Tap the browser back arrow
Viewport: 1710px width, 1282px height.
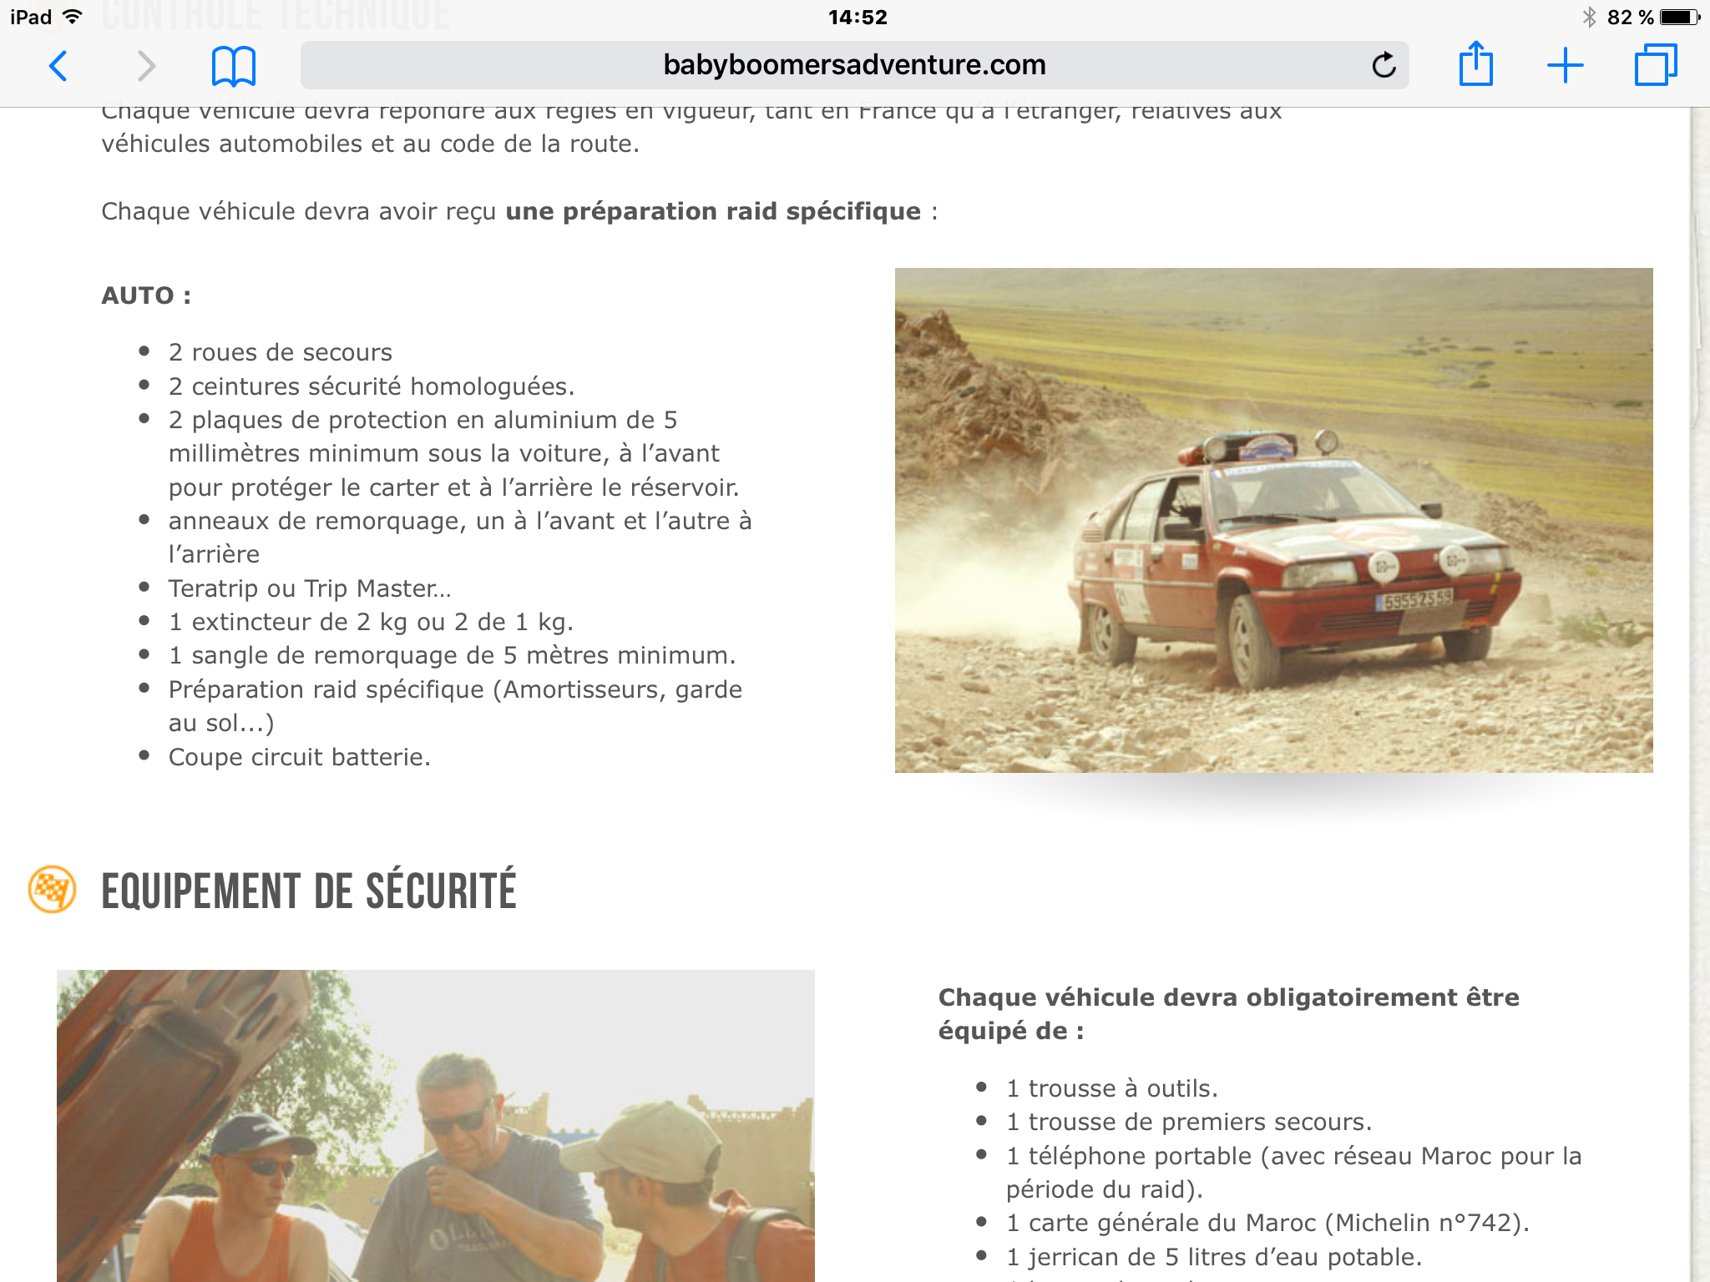[x=58, y=66]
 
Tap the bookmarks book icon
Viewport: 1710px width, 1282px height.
[x=233, y=66]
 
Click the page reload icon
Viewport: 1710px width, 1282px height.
[x=1384, y=65]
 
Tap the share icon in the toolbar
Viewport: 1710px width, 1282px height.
[x=1475, y=64]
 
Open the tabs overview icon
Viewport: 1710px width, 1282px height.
[x=1655, y=65]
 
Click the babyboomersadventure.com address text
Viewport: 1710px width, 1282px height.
[x=854, y=65]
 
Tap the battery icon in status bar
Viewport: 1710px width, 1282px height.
[x=1678, y=18]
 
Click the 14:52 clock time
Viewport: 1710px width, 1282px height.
[x=858, y=18]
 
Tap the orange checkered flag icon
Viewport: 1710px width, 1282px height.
[x=52, y=889]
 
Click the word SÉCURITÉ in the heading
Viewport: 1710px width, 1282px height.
[x=441, y=891]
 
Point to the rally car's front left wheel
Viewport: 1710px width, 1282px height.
[x=1251, y=641]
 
